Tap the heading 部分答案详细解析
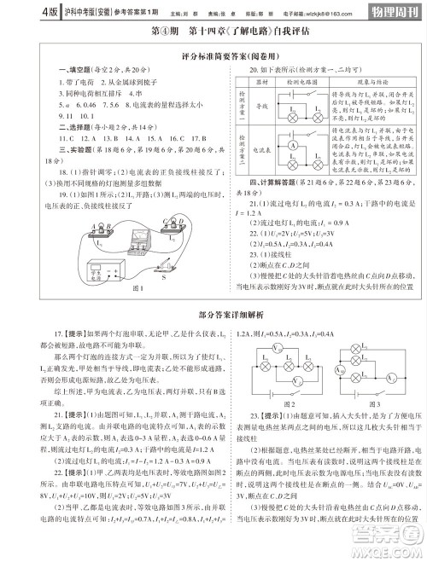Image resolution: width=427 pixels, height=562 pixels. pyautogui.click(x=213, y=337)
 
